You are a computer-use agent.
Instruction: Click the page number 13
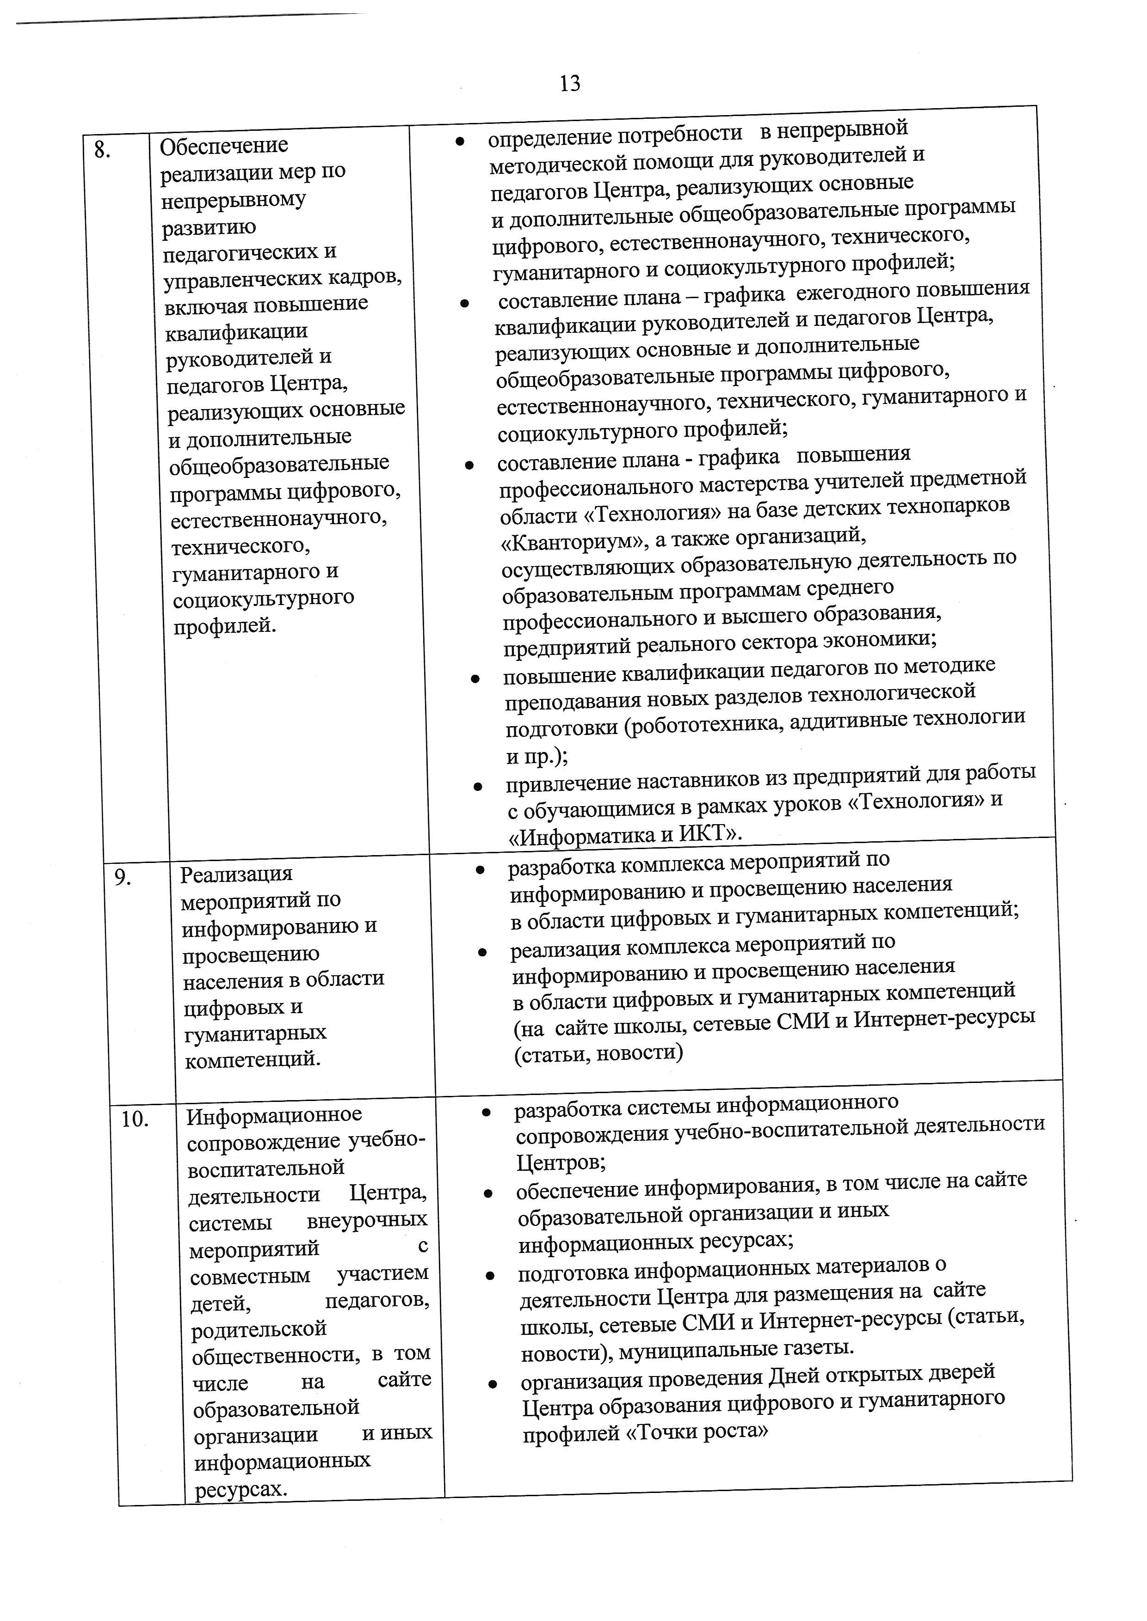pos(569,83)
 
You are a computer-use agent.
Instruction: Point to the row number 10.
pos(135,1119)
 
